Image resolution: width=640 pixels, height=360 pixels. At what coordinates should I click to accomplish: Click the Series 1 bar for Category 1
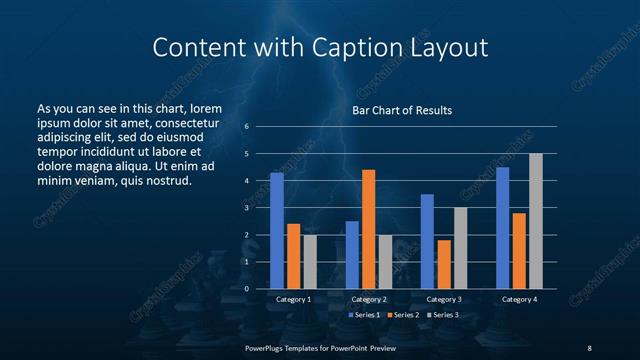(x=277, y=231)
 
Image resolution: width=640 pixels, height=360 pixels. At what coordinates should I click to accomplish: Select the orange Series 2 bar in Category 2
(x=368, y=229)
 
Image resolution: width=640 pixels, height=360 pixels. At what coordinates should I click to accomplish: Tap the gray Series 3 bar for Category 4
(x=535, y=221)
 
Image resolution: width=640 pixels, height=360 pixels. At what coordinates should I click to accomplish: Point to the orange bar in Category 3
(x=443, y=264)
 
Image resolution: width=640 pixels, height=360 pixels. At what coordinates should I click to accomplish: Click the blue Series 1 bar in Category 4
(x=502, y=228)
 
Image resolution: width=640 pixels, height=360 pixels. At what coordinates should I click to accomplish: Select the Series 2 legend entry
(x=402, y=315)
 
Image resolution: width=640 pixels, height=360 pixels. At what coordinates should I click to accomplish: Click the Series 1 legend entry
(x=364, y=315)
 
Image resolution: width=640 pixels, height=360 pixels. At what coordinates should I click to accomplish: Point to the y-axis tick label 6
(x=246, y=127)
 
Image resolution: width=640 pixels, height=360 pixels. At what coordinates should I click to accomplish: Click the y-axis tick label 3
(x=246, y=208)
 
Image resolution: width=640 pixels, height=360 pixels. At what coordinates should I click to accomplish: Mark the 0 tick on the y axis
(x=246, y=289)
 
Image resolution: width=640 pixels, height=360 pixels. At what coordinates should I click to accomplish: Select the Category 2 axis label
(x=369, y=299)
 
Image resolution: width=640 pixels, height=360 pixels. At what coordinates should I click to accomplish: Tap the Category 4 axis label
(x=519, y=299)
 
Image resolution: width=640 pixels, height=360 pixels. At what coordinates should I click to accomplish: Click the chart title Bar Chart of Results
(x=402, y=109)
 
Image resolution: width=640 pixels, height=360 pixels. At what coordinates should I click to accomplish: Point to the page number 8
(x=589, y=347)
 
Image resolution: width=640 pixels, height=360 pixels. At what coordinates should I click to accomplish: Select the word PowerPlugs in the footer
(x=265, y=347)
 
